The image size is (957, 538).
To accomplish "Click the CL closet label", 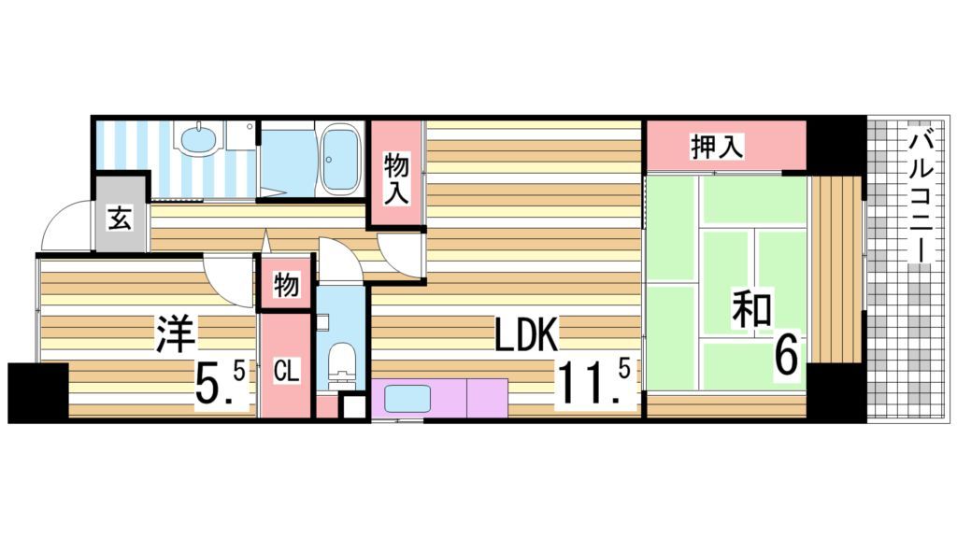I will point(286,372).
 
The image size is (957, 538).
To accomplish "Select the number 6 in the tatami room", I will point(787,355).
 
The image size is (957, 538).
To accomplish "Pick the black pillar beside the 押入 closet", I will point(836,144).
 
